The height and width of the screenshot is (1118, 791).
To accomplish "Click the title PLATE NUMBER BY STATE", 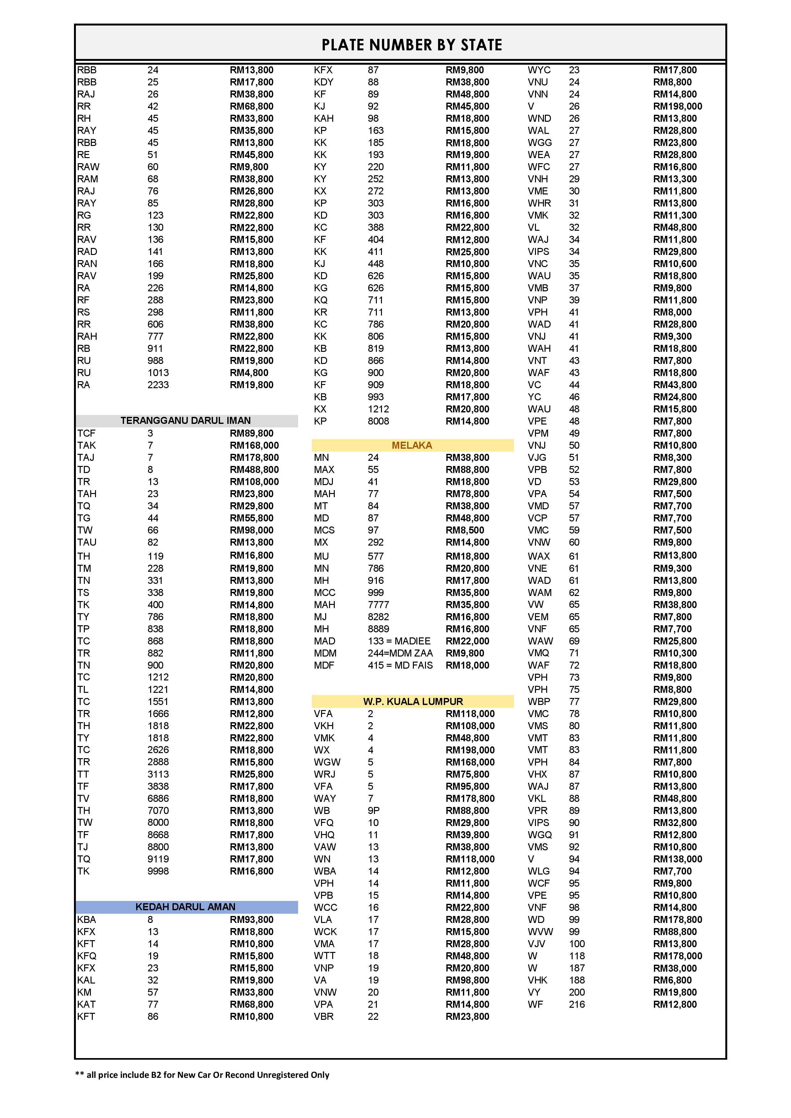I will pyautogui.click(x=412, y=45).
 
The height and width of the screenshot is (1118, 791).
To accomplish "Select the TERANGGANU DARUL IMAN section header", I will pyautogui.click(x=186, y=420).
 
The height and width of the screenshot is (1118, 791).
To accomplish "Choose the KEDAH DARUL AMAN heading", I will pyautogui.click(x=186, y=907).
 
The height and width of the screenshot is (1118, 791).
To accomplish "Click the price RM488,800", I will pyautogui.click(x=254, y=469).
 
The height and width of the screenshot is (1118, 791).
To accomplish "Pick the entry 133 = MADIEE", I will pyautogui.click(x=399, y=641).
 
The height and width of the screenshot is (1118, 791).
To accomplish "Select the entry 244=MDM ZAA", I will pyautogui.click(x=400, y=653).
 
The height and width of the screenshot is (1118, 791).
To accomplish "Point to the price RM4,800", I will pyautogui.click(x=249, y=373).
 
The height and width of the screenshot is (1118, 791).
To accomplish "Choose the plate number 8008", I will pyautogui.click(x=378, y=421).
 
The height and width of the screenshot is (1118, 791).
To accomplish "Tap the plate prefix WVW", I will pyautogui.click(x=540, y=932).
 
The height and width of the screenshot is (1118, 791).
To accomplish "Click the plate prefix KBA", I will pyautogui.click(x=87, y=919).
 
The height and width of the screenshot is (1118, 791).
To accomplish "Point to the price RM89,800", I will pyautogui.click(x=251, y=433).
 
